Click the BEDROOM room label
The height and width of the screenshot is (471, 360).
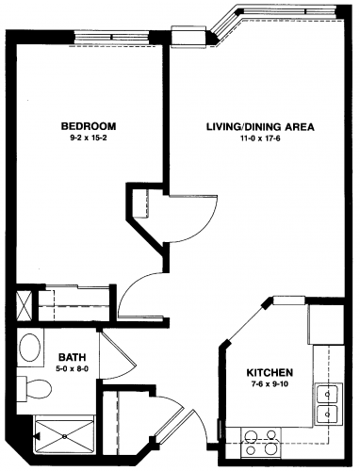click(x=89, y=126)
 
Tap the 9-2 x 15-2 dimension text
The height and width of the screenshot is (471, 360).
click(x=89, y=138)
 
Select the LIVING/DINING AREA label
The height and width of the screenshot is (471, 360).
click(x=260, y=127)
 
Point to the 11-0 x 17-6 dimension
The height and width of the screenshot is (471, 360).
click(x=260, y=138)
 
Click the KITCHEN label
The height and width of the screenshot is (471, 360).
click(x=270, y=373)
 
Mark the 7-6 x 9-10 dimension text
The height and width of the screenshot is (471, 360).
click(x=270, y=383)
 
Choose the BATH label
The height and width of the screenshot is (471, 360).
click(x=73, y=357)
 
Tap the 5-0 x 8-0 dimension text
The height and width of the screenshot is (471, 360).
click(x=73, y=369)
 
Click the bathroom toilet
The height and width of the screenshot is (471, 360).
click(x=34, y=389)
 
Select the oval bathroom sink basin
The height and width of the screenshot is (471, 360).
click(x=30, y=348)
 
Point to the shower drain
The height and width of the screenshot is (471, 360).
click(x=64, y=436)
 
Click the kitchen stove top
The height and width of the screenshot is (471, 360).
click(x=261, y=442)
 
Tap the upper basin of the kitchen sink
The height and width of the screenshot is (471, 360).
click(x=328, y=393)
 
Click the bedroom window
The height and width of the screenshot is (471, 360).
click(x=111, y=38)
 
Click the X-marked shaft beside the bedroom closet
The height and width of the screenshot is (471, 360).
click(x=24, y=304)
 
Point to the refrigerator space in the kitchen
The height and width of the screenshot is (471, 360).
click(x=326, y=325)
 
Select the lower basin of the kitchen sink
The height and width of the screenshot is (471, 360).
click(x=328, y=414)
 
